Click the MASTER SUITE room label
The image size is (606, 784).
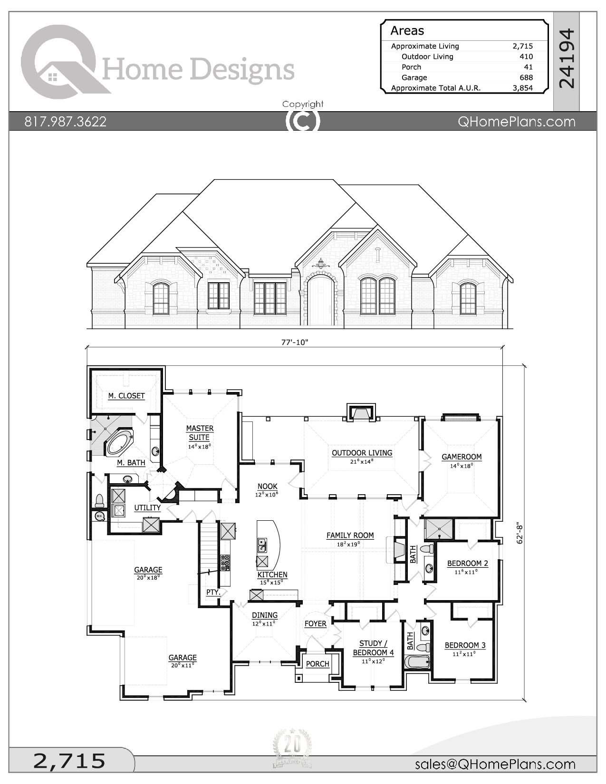(x=200, y=433)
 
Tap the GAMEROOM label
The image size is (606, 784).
(x=462, y=457)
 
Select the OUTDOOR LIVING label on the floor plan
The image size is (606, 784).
(x=362, y=453)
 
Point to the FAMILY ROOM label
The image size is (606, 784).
(x=350, y=535)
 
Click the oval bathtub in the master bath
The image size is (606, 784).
(x=119, y=443)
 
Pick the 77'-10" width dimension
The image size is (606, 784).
(x=295, y=342)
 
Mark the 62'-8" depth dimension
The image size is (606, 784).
(x=520, y=533)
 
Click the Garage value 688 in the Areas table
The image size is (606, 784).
(x=526, y=77)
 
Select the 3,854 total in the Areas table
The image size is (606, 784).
(x=523, y=88)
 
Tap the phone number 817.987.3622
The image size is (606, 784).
(x=65, y=122)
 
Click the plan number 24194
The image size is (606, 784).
(x=566, y=58)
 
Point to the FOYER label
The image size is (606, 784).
(x=315, y=624)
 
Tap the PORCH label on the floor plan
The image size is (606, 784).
(x=317, y=664)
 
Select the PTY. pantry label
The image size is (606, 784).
(x=213, y=593)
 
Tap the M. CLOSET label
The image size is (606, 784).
(x=126, y=396)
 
